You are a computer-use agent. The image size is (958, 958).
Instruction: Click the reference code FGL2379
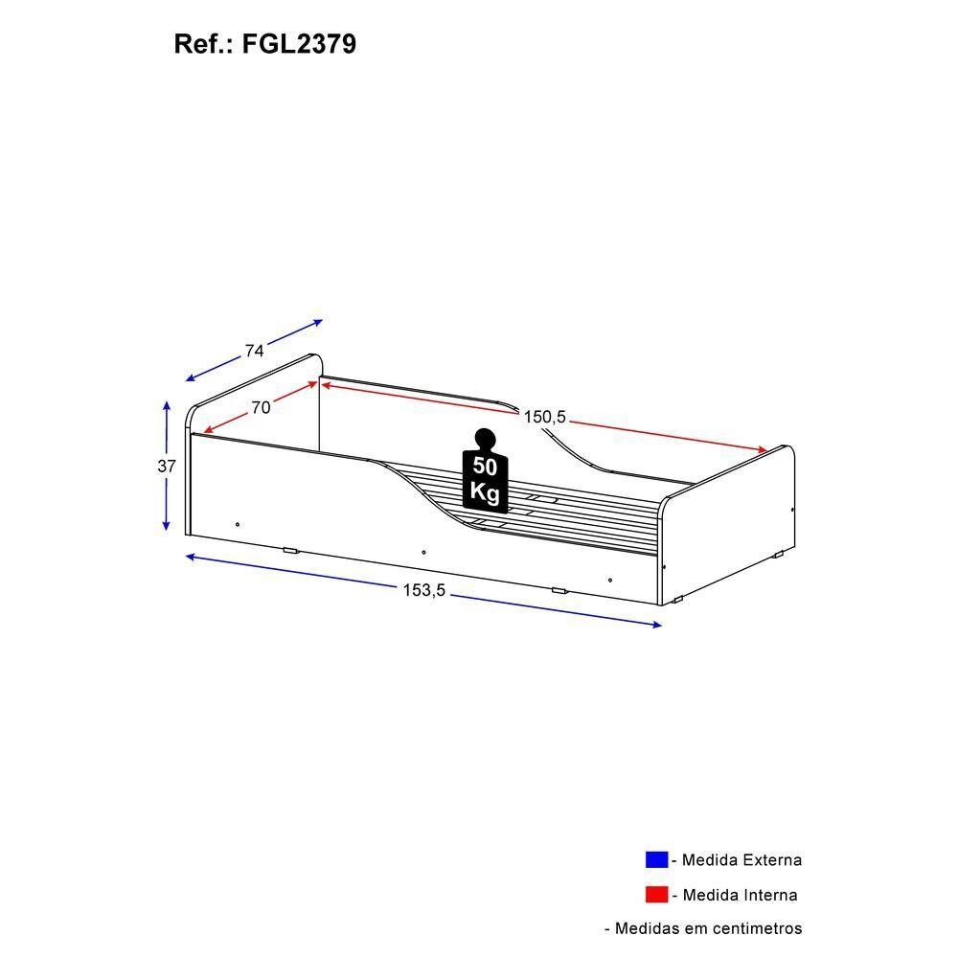(300, 44)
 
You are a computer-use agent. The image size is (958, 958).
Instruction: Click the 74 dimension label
(254, 352)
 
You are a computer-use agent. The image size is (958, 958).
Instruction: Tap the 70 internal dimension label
(261, 408)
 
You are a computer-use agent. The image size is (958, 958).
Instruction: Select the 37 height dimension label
(168, 467)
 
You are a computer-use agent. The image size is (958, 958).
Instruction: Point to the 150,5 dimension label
(545, 417)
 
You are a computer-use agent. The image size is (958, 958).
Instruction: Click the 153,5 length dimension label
(423, 591)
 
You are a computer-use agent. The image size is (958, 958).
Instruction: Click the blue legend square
(656, 859)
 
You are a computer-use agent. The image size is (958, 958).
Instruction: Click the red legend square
(656, 895)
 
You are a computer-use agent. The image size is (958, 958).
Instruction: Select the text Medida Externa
(741, 860)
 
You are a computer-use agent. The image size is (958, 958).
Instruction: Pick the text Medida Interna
(740, 896)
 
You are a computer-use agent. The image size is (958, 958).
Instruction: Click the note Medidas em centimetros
(708, 928)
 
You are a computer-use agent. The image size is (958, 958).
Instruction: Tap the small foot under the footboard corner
(677, 601)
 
